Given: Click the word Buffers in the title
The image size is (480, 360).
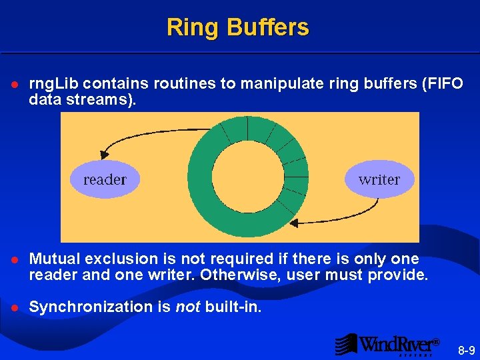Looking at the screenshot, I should (x=267, y=27).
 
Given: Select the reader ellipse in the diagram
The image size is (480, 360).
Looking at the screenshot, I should (x=105, y=179).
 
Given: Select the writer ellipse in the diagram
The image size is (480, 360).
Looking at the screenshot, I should (x=379, y=179).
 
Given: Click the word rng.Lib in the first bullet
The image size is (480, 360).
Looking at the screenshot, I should (x=54, y=85).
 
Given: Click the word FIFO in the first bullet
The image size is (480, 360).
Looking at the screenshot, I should (x=437, y=85).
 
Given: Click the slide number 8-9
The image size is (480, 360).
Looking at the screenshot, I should (x=467, y=350).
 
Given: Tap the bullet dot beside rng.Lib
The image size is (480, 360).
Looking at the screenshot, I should (x=14, y=85).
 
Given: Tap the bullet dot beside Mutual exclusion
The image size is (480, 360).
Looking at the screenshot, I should (x=14, y=259).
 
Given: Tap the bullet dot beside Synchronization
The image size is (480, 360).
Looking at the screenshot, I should (x=14, y=307).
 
